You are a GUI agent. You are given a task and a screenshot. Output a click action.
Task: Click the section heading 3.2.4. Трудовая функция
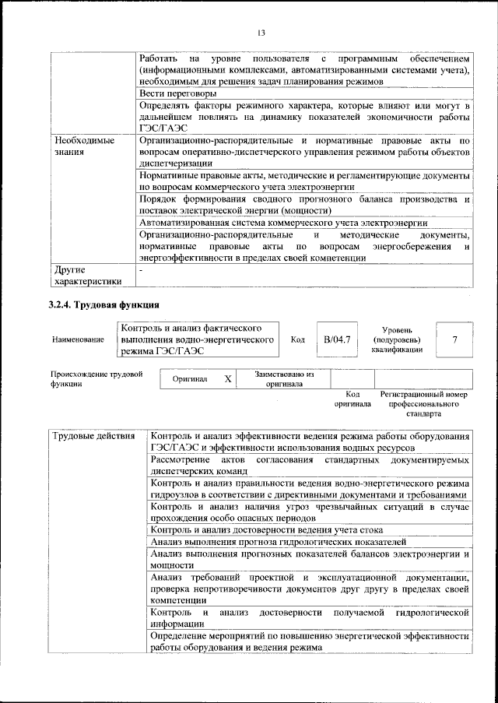[104, 304]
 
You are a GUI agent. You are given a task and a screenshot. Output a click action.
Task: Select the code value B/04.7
[338, 339]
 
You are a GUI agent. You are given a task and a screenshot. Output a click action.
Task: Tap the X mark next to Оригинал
[228, 379]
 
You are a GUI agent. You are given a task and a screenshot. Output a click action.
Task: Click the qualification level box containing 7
[454, 339]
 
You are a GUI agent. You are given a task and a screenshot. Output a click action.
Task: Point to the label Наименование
[78, 340]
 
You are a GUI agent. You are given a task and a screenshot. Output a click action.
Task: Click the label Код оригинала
[352, 399]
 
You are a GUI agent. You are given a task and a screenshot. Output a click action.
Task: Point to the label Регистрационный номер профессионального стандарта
[424, 405]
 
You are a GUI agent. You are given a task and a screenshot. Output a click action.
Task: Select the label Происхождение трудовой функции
[96, 379]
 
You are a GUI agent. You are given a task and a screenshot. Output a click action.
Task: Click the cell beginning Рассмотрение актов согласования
[309, 465]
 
